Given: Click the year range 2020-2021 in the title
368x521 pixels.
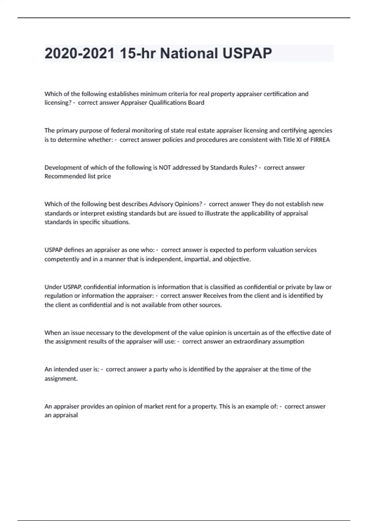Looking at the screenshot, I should pos(79,53).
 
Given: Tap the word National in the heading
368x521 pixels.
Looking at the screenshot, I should pos(189,53).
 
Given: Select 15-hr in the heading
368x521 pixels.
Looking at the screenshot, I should pos(137,53).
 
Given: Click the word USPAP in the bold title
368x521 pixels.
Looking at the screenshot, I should pos(247,53).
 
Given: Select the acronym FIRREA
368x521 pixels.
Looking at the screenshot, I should pos(320,140).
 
